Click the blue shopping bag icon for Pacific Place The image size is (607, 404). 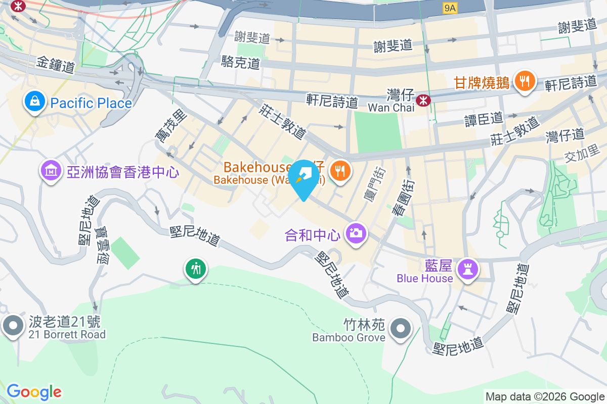coord(34,103)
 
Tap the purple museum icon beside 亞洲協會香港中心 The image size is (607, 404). coord(51,172)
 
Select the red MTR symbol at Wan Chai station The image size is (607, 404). coord(422,101)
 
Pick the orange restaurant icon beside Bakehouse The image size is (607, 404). coord(340,171)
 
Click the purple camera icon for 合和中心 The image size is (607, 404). coord(356,233)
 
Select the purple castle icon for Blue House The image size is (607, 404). coord(467,269)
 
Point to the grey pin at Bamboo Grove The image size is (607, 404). coord(401,329)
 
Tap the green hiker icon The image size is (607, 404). coord(195,268)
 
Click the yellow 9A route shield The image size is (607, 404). coord(450,8)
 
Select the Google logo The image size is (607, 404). coord(34,392)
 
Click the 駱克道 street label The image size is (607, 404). coord(241,63)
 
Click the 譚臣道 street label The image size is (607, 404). coord(484,119)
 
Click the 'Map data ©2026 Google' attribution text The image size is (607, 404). coord(545,396)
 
